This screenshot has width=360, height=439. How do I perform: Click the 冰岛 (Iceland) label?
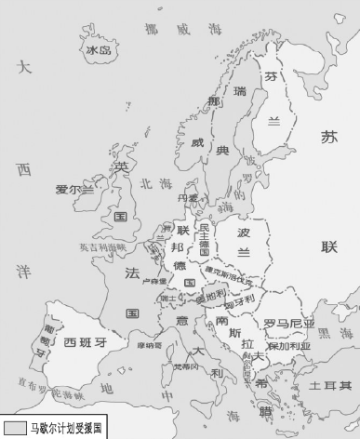(98, 49)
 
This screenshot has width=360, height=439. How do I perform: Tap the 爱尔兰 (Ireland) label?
(75, 190)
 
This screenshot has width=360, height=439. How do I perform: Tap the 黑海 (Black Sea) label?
(327, 333)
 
